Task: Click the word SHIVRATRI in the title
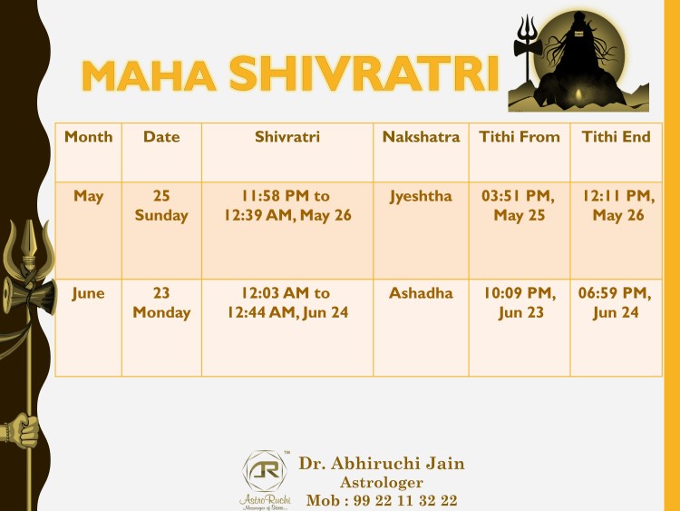364,74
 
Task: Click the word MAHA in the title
149,75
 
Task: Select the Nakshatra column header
421,137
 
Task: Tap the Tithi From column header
520,137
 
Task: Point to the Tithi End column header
616,137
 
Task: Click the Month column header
89,137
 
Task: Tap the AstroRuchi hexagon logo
265,471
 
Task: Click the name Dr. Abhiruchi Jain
382,463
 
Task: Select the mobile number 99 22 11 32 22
405,501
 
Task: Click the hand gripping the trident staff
23,430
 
